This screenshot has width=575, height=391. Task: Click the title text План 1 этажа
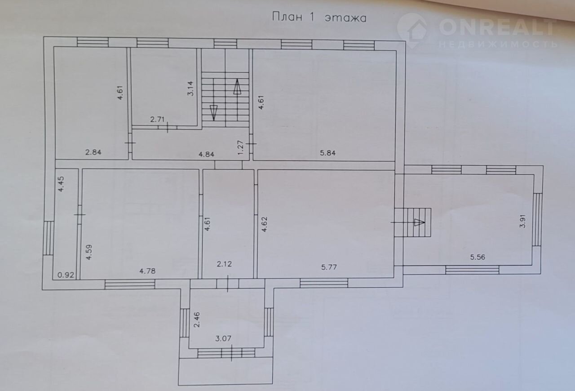(319, 18)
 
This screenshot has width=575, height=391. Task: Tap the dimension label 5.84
(328, 153)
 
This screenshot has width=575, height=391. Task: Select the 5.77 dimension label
(329, 267)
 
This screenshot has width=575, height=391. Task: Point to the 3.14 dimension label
(190, 89)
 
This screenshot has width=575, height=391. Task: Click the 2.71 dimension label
(157, 120)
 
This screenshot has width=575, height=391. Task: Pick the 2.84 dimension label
(93, 152)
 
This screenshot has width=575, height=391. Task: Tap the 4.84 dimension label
(206, 155)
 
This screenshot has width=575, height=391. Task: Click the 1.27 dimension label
(240, 147)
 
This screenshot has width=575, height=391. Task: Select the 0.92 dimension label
(66, 275)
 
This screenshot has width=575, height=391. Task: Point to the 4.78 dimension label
(147, 271)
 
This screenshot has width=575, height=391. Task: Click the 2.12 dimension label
(224, 264)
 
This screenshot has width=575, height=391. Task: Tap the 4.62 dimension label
(265, 224)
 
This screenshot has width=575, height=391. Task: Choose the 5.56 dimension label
(478, 257)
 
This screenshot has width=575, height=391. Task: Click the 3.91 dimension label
(522, 221)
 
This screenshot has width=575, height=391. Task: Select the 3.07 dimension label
(223, 338)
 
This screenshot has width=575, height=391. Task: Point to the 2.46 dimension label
(197, 320)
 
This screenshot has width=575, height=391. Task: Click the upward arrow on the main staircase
(237, 87)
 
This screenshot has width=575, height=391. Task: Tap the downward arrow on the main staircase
(213, 113)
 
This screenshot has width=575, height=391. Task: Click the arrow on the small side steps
(420, 222)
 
